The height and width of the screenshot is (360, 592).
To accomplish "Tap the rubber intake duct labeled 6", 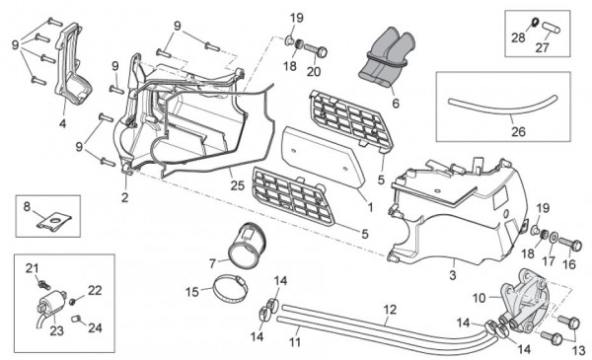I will (385, 54).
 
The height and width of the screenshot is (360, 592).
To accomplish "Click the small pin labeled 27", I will (549, 21).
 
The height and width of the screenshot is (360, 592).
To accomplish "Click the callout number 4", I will (62, 124).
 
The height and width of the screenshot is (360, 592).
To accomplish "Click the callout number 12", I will (390, 310).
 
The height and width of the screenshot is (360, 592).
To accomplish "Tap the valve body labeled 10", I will (522, 301).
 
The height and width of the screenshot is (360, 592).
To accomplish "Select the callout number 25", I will (236, 184).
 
